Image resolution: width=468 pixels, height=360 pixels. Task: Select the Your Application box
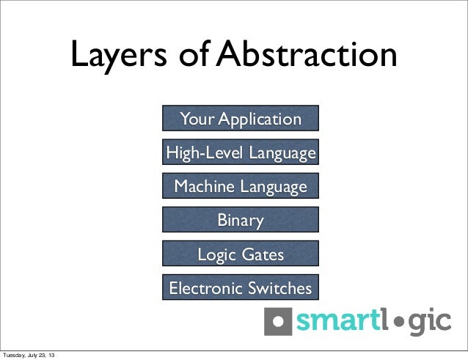tap(241, 119)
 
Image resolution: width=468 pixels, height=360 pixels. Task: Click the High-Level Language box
tap(241, 153)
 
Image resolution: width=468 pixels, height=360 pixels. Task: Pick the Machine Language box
tap(241, 186)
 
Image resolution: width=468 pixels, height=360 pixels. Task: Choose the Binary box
tap(241, 220)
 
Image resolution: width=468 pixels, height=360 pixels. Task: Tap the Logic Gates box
tap(241, 254)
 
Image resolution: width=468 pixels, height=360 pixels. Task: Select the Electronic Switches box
tap(241, 287)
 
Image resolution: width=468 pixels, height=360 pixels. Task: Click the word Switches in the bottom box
tap(279, 287)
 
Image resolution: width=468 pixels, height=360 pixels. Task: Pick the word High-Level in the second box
tap(199, 153)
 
